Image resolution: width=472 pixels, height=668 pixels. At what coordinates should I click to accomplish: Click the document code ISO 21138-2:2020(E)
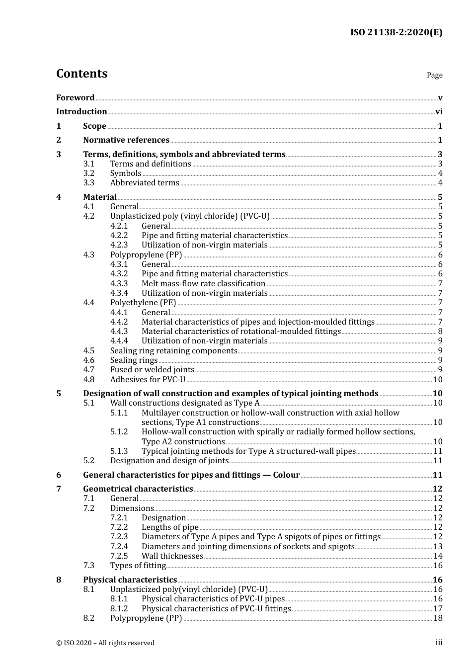tap(396, 32)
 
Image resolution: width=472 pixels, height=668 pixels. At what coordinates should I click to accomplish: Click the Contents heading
tap(81, 74)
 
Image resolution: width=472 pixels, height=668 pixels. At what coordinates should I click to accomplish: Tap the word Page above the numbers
tap(434, 75)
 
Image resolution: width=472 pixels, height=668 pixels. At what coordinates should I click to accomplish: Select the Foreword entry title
tap(75, 98)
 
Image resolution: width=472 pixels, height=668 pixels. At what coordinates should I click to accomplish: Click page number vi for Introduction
tap(439, 112)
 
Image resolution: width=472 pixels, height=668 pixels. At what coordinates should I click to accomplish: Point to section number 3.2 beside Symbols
tap(88, 173)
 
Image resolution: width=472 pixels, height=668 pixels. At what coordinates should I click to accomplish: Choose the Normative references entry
tap(126, 140)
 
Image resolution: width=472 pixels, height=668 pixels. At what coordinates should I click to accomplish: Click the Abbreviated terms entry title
tap(145, 183)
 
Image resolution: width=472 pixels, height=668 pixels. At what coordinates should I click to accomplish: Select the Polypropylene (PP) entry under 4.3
tap(146, 255)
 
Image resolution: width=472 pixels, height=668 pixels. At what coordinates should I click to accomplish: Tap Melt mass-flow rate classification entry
tap(203, 284)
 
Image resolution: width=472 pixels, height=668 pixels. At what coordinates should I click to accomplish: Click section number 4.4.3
tap(119, 332)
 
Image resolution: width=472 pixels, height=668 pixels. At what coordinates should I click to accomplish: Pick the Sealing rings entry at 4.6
tap(134, 360)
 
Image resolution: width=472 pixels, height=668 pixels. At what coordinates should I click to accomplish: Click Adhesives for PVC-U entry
tap(148, 380)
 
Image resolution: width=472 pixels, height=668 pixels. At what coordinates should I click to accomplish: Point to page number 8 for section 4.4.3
tap(440, 332)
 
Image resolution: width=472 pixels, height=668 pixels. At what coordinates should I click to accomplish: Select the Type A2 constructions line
tap(183, 442)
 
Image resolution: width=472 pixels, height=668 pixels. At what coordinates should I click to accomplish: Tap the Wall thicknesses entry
tap(172, 556)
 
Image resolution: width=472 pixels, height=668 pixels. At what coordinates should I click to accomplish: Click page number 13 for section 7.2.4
tap(438, 547)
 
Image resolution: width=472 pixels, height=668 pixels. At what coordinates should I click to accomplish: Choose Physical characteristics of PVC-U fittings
tap(216, 609)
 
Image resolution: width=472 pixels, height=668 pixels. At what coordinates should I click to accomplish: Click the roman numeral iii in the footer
tap(439, 643)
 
